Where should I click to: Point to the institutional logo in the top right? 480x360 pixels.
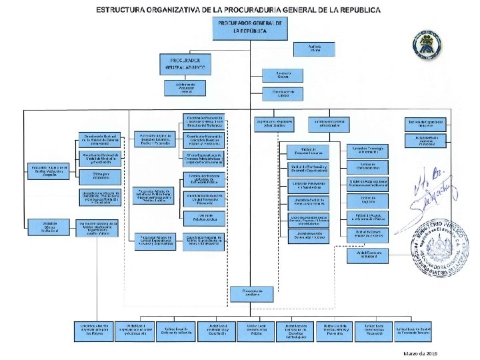pyautogui.click(x=425, y=44)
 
